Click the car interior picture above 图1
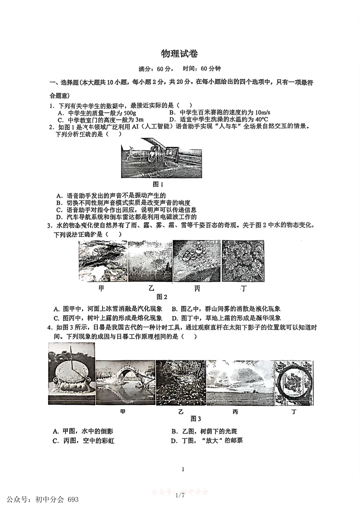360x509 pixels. tap(162, 158)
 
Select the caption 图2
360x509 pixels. tap(162, 297)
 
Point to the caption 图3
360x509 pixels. tap(196, 419)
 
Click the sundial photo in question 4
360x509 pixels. tap(71, 373)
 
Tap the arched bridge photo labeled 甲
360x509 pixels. tap(125, 382)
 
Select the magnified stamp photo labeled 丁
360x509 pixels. tap(294, 383)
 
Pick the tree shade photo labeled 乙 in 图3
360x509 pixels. tap(180, 382)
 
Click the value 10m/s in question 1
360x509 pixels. tap(262, 113)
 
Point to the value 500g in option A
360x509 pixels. tap(128, 113)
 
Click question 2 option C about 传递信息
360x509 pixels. tap(127, 210)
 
